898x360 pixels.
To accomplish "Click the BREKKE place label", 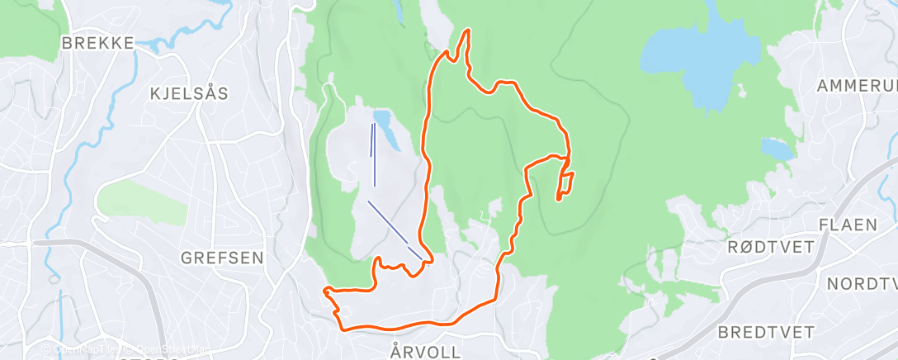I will click(97, 43).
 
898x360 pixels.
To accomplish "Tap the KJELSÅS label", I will click(189, 93).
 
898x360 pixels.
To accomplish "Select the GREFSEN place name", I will click(223, 258).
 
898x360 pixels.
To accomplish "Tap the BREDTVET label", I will click(766, 332).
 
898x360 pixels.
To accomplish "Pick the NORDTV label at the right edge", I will click(862, 284).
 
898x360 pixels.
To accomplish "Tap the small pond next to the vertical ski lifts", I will click(386, 128).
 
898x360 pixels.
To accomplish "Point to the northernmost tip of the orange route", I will click(468, 31).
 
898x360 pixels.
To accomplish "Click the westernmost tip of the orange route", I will click(325, 290).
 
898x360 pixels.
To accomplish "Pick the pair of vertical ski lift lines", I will click(373, 153).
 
